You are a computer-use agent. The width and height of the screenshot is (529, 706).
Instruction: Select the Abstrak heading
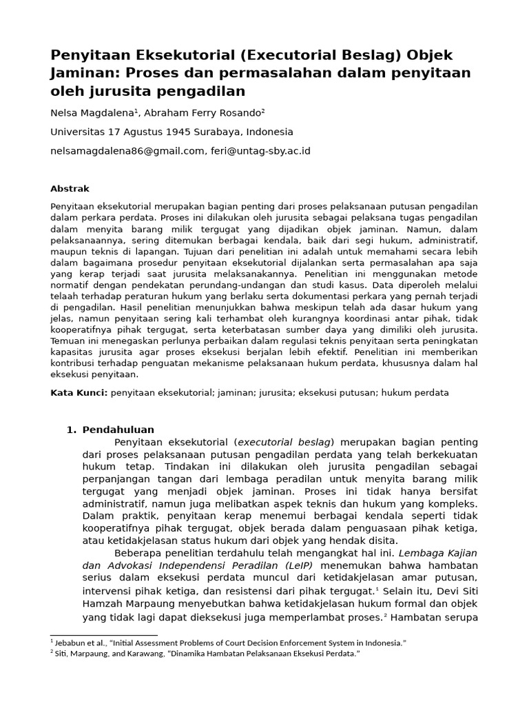pos(70,188)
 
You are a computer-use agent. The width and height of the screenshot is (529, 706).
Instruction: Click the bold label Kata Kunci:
pos(79,392)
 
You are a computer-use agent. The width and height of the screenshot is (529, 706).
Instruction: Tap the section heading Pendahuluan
pos(118,430)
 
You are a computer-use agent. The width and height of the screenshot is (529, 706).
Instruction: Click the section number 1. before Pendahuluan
pos(71,430)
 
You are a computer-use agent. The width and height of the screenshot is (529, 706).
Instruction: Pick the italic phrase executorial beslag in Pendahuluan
pos(284,442)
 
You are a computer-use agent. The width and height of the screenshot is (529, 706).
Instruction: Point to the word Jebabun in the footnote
pos(72,643)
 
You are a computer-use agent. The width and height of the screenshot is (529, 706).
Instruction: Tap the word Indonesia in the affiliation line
pos(269,132)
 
